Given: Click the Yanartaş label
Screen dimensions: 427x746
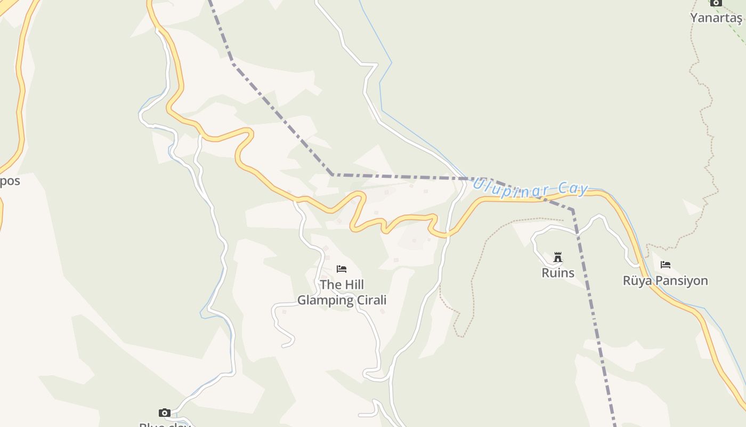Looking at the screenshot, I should point(716,18).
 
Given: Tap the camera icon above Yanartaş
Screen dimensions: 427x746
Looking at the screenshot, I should point(716,3).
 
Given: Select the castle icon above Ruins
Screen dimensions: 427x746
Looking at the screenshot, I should point(558,257).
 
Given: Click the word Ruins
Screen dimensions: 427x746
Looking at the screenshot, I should point(558,273).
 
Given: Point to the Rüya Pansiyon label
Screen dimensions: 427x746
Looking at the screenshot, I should point(665,281).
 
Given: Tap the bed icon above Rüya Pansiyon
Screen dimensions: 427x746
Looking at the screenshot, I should point(666,265).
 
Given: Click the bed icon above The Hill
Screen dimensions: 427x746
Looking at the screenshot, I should point(342,269).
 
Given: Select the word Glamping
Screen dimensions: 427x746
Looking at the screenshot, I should point(323,301).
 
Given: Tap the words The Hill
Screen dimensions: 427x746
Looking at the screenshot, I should point(342,285).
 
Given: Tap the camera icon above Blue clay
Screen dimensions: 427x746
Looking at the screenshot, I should point(165,413).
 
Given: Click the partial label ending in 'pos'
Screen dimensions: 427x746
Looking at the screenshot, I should point(10,181).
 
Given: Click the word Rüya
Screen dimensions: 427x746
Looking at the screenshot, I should point(638,281).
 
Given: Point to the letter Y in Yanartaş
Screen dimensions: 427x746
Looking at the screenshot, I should point(694,18).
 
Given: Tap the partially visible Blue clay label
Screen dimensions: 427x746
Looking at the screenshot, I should point(165,425).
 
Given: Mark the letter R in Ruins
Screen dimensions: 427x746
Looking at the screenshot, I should point(545,273).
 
